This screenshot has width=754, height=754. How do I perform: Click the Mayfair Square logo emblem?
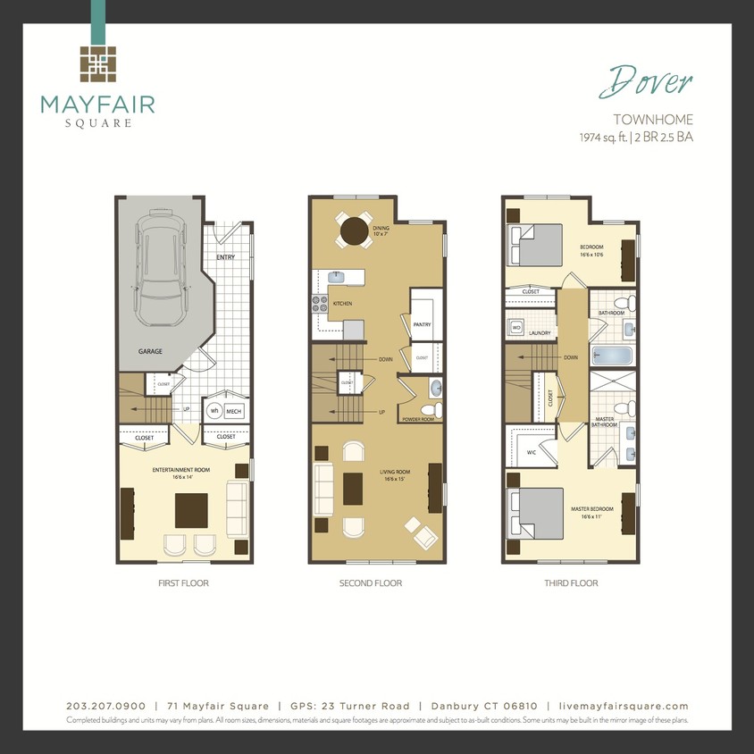(x=97, y=63)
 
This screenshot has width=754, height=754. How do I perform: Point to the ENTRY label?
(x=226, y=257)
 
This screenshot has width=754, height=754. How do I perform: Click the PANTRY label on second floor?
(x=423, y=325)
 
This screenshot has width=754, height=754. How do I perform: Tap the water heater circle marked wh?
(x=214, y=411)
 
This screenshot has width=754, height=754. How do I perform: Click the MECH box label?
(x=233, y=411)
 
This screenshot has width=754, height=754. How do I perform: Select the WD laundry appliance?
(x=516, y=328)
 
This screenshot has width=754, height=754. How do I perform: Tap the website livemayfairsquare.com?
(x=617, y=706)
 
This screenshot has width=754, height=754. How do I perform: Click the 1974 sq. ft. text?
(x=603, y=138)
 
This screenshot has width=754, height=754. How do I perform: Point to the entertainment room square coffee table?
(x=191, y=510)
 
